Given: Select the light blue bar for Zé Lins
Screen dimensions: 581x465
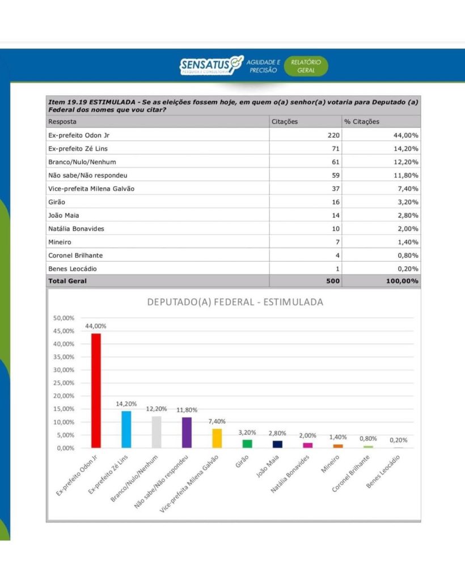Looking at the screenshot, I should pos(126,430).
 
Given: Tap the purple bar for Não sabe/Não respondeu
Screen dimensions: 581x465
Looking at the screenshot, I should pos(186,432).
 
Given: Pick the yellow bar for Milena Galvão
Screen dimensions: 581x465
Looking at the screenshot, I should pos(217,438).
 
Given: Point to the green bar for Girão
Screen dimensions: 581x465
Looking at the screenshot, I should pos(247,444).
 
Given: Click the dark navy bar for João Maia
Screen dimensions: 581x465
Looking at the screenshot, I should pos(277,444).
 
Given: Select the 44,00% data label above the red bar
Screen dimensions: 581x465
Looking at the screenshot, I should pos(96,326).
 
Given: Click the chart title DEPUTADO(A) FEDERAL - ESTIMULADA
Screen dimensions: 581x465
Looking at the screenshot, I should pos(235,302).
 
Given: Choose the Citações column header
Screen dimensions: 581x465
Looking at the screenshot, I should pos(285,121).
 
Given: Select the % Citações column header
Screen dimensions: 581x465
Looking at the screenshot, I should pos(362,121).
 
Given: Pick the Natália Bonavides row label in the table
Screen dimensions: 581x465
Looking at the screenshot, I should pos(76,229).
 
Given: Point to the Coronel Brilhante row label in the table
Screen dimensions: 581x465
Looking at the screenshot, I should pos(75,255).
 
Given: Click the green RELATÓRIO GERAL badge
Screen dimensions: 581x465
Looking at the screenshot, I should pos(306,66).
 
